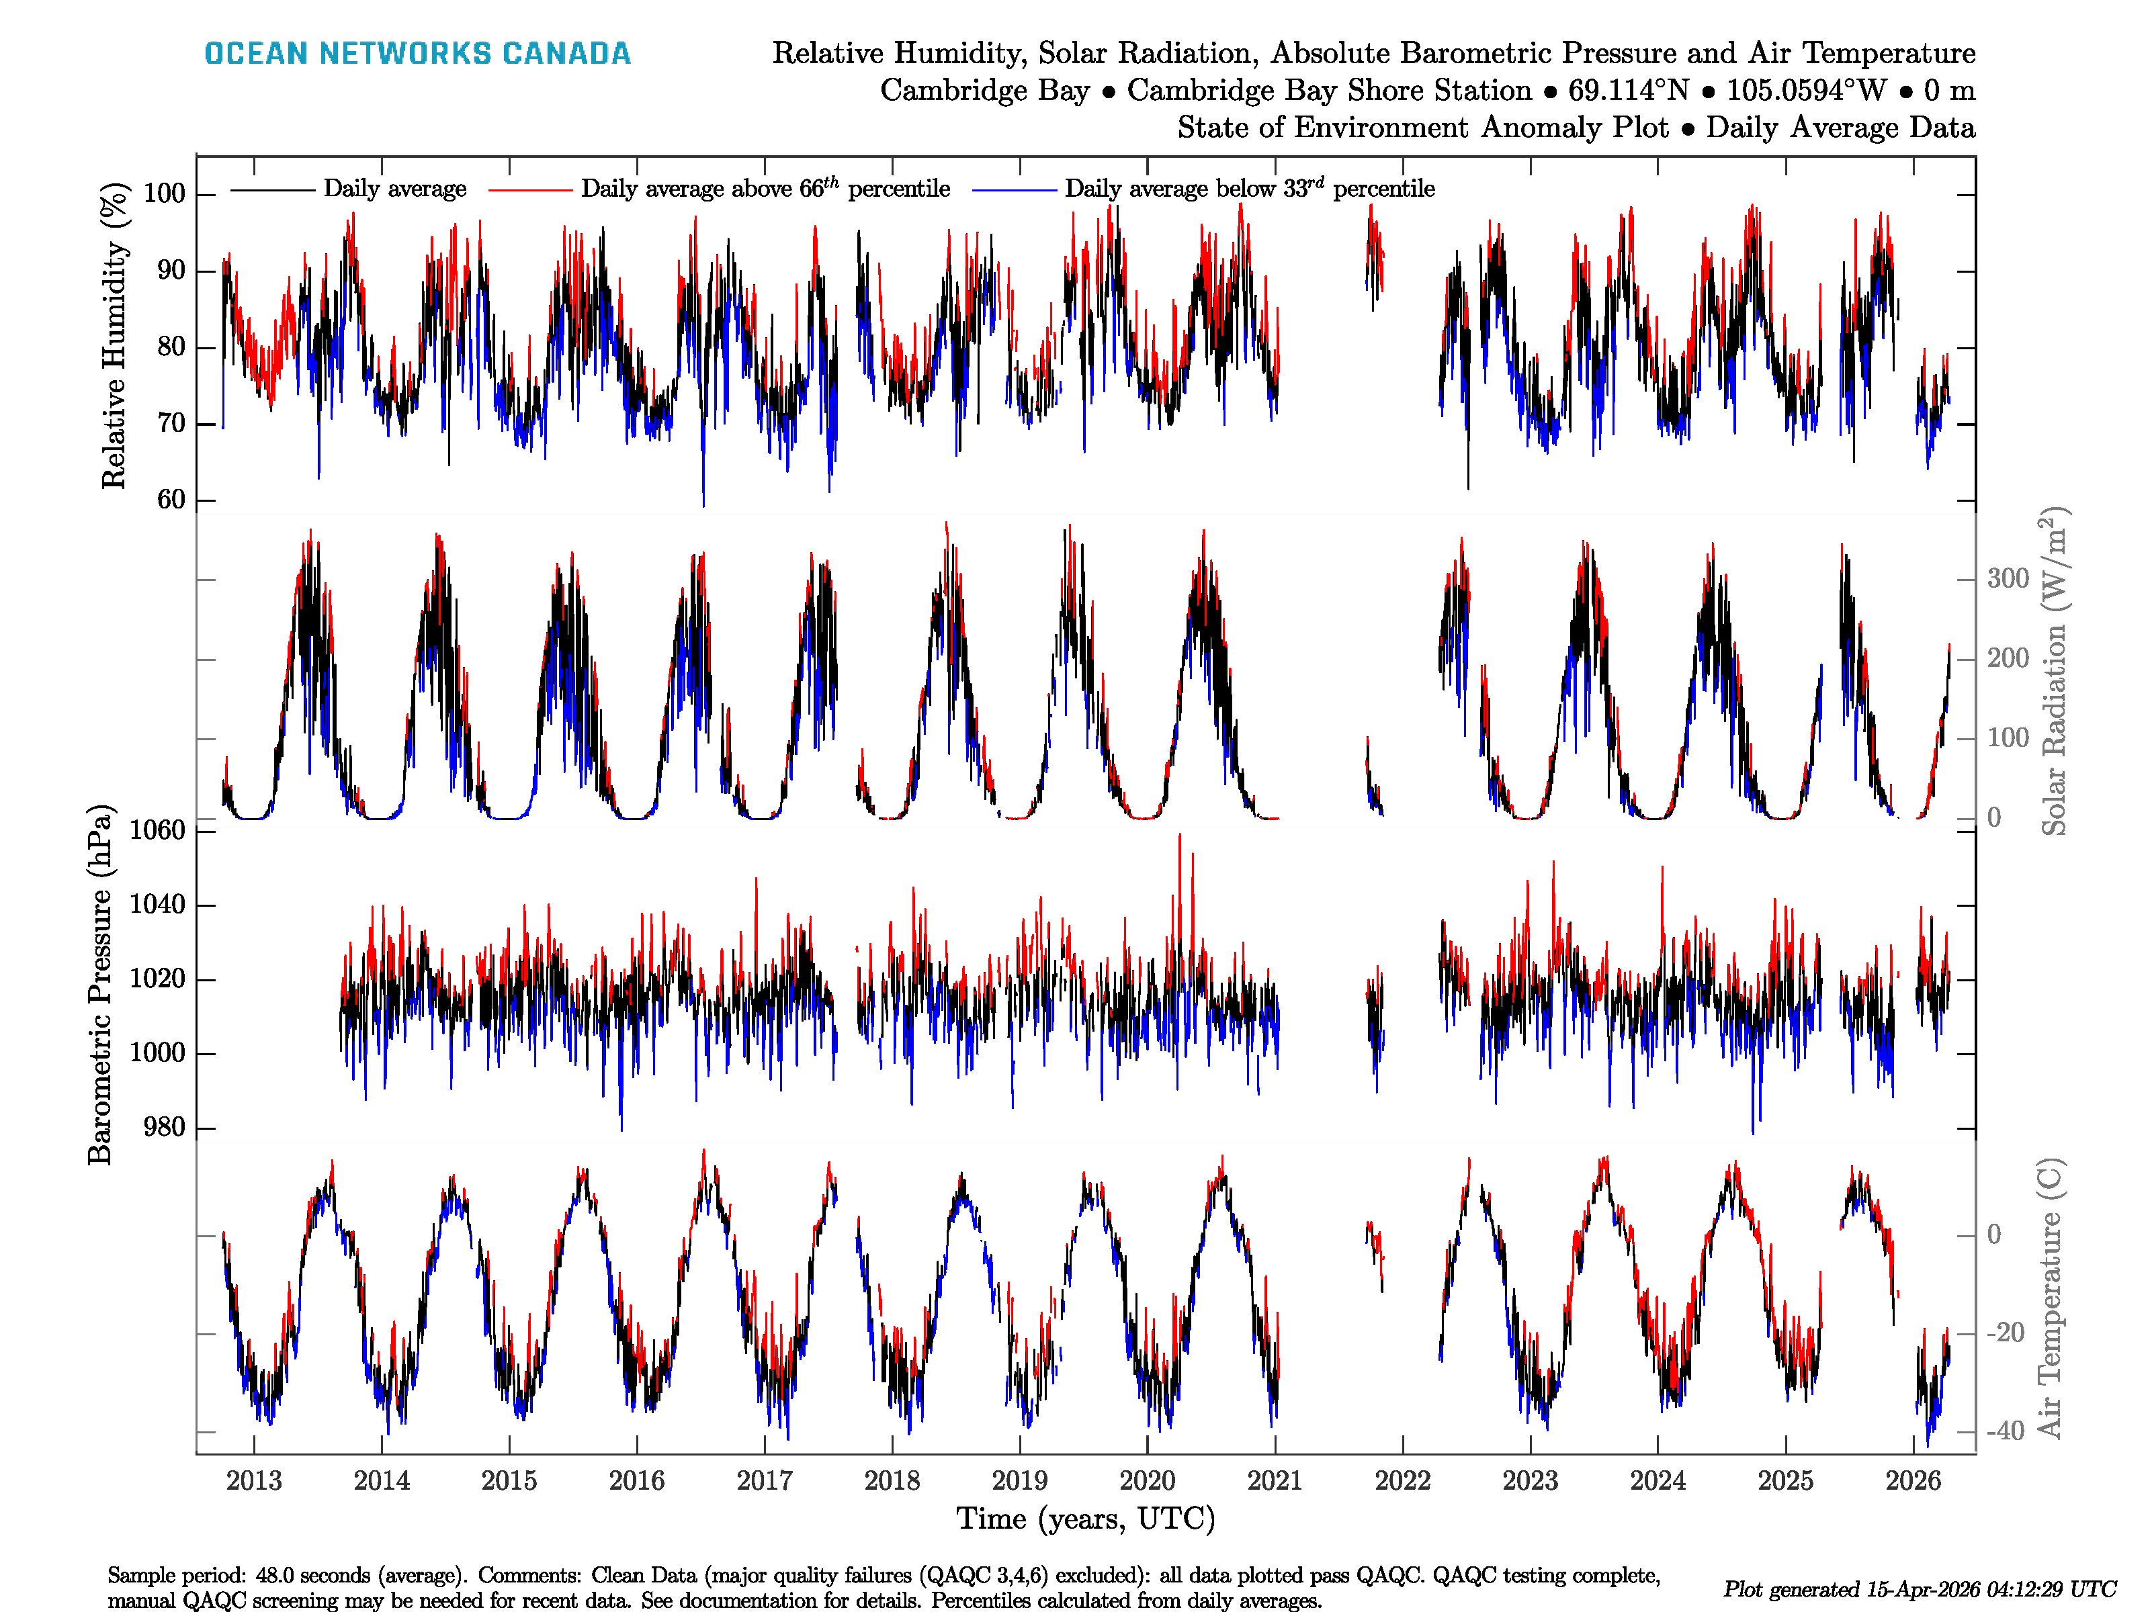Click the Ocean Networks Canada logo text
[417, 54]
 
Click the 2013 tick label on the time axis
[254, 1481]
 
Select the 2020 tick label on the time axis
[1147, 1481]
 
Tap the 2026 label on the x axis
[1913, 1481]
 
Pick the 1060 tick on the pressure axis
[157, 830]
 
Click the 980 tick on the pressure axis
[164, 1127]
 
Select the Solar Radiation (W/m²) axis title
[2053, 670]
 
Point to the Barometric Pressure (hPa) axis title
[100, 984]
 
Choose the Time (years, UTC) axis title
[1086, 1519]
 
